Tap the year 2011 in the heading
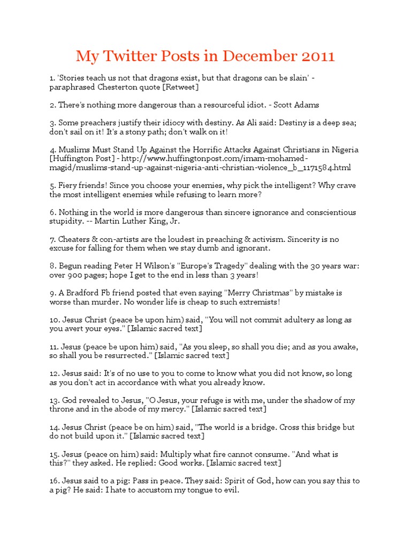316,56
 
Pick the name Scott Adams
300,105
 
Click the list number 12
54,374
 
